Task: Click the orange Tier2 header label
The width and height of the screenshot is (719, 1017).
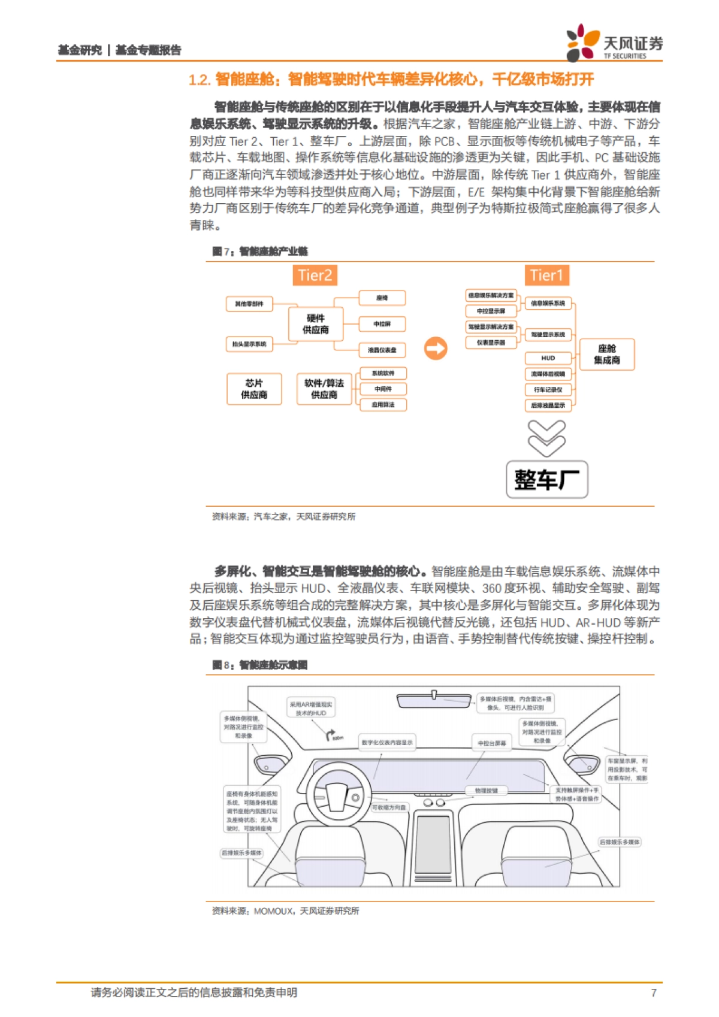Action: (315, 275)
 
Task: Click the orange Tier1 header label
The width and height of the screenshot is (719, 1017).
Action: (546, 275)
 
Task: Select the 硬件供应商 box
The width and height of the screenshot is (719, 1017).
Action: (316, 324)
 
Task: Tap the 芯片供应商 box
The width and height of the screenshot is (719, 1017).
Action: (254, 389)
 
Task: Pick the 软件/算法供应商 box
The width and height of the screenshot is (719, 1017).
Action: (324, 389)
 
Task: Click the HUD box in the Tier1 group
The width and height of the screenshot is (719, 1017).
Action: (548, 358)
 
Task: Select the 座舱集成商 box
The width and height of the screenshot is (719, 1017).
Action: (606, 354)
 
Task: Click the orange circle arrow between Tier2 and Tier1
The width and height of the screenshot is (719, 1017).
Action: (436, 348)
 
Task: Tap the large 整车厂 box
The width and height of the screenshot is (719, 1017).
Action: (546, 479)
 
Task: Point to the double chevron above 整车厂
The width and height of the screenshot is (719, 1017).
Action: (546, 438)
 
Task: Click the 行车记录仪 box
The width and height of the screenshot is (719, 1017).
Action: (548, 389)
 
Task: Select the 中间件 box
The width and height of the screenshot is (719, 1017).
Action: (383, 389)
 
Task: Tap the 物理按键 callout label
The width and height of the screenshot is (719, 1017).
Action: (487, 791)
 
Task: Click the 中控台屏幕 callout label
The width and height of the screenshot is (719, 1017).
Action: (491, 743)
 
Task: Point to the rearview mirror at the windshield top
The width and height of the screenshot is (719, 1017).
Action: (434, 700)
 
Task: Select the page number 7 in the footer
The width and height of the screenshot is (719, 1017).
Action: (654, 993)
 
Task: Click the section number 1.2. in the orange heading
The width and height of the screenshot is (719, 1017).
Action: (200, 80)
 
